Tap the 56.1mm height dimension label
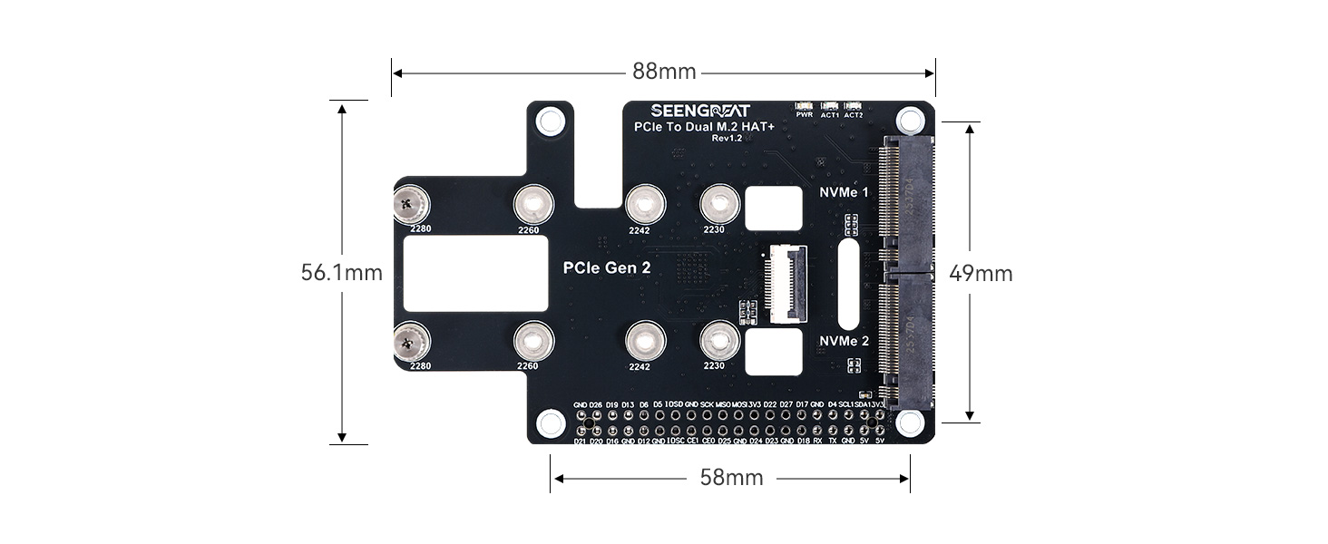point(341,272)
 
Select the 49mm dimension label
point(981,273)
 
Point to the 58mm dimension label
point(731,478)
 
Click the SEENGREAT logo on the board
point(700,111)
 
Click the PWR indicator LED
point(804,106)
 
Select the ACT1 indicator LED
point(829,106)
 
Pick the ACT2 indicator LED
point(853,106)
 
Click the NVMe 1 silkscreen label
point(844,192)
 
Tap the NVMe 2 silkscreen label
point(844,341)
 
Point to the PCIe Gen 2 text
point(607,268)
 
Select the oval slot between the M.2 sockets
point(849,284)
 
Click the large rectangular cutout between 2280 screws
point(474,273)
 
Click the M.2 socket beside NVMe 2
point(906,341)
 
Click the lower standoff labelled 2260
point(534,341)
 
